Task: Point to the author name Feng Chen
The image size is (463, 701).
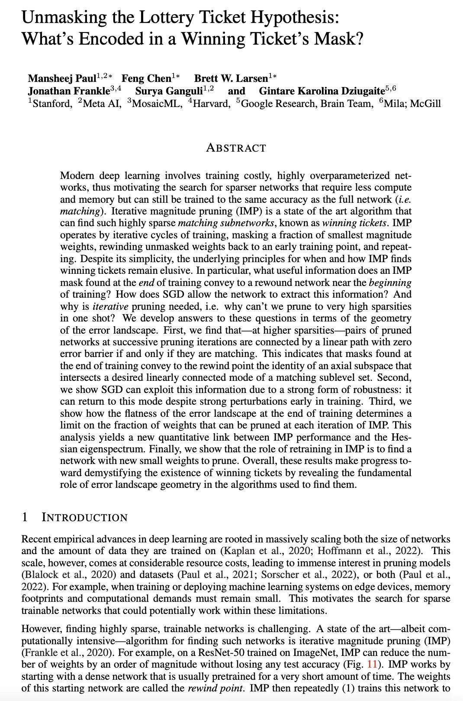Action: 146,78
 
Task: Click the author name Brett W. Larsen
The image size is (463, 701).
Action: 231,78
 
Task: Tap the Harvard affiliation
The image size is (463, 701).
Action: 211,104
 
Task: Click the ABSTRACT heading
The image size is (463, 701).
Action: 236,148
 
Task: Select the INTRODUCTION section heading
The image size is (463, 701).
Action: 84,517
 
